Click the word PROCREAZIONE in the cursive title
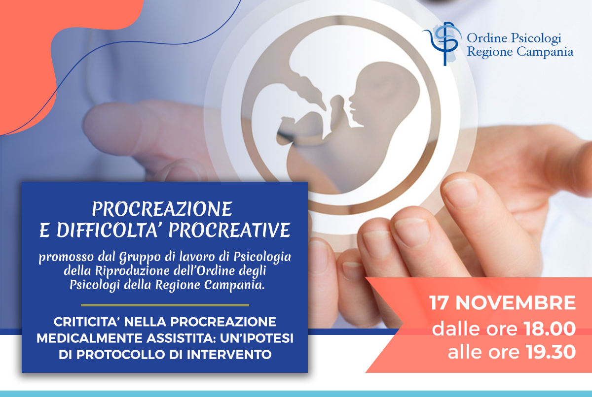162,209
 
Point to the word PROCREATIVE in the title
229,230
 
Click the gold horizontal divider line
165,305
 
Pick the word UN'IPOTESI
257,338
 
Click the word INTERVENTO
229,355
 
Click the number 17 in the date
439,303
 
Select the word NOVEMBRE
516,303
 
